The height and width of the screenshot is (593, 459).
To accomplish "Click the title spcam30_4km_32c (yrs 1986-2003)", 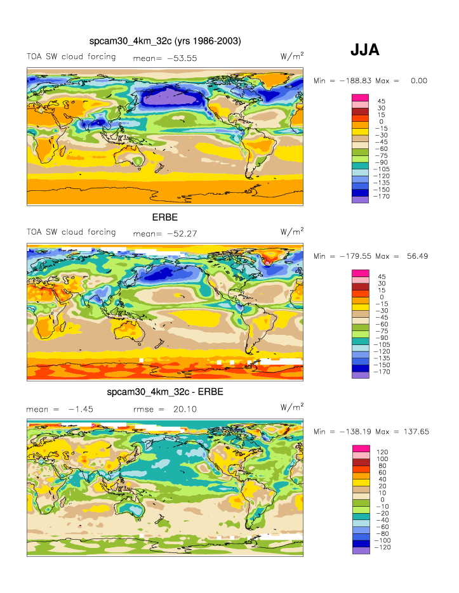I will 165,41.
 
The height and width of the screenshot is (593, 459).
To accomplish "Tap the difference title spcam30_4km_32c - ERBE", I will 165,392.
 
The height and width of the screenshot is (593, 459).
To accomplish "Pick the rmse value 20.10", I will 184,410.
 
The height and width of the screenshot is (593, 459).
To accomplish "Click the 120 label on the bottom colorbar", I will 383,452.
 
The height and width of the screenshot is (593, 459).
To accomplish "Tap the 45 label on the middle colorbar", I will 382,277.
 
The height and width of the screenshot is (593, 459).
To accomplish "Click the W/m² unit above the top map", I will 291,56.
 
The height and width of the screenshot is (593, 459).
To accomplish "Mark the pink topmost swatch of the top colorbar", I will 360,97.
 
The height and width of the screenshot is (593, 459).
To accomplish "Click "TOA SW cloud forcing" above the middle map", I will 71,232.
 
